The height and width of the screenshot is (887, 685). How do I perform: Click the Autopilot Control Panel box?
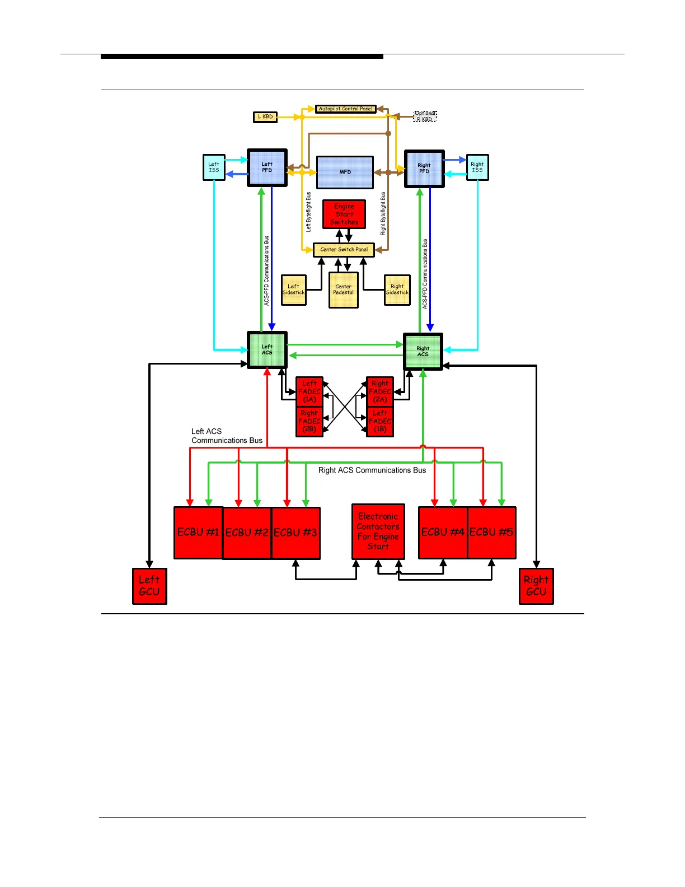click(345, 109)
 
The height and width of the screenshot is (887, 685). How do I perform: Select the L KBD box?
click(265, 117)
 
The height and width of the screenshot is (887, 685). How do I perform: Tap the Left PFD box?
click(268, 167)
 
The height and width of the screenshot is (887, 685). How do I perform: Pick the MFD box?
click(345, 172)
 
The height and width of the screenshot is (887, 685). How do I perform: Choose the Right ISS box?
click(477, 167)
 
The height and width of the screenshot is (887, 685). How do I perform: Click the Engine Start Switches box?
click(344, 214)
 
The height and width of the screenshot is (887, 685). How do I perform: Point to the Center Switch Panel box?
click(344, 250)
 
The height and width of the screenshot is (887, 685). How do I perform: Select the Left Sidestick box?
click(294, 290)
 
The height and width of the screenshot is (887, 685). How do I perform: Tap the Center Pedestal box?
click(344, 290)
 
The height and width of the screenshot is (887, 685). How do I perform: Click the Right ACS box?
click(423, 352)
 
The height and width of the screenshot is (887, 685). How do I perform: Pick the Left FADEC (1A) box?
click(309, 391)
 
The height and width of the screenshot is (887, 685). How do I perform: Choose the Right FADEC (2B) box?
click(309, 421)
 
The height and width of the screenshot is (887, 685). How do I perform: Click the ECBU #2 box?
click(247, 533)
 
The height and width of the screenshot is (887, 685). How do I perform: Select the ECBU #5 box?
click(491, 533)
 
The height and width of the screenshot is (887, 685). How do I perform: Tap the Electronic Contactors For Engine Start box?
click(378, 531)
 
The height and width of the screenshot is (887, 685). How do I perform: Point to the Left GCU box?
click(149, 586)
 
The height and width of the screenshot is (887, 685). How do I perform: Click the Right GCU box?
click(536, 586)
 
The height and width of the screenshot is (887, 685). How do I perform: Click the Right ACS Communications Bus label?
click(372, 470)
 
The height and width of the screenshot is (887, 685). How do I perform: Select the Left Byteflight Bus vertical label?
click(308, 212)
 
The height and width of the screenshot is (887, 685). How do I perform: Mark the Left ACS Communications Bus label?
click(227, 436)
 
